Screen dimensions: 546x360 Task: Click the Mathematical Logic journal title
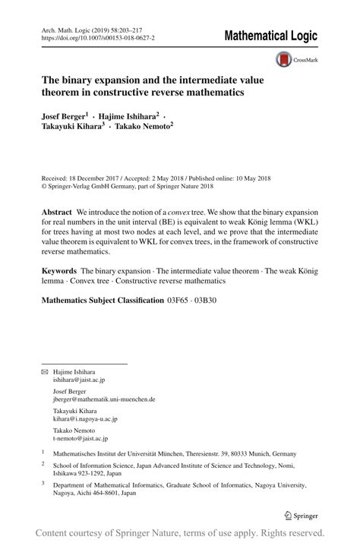(271, 36)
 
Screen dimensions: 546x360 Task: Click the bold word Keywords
(59, 271)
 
